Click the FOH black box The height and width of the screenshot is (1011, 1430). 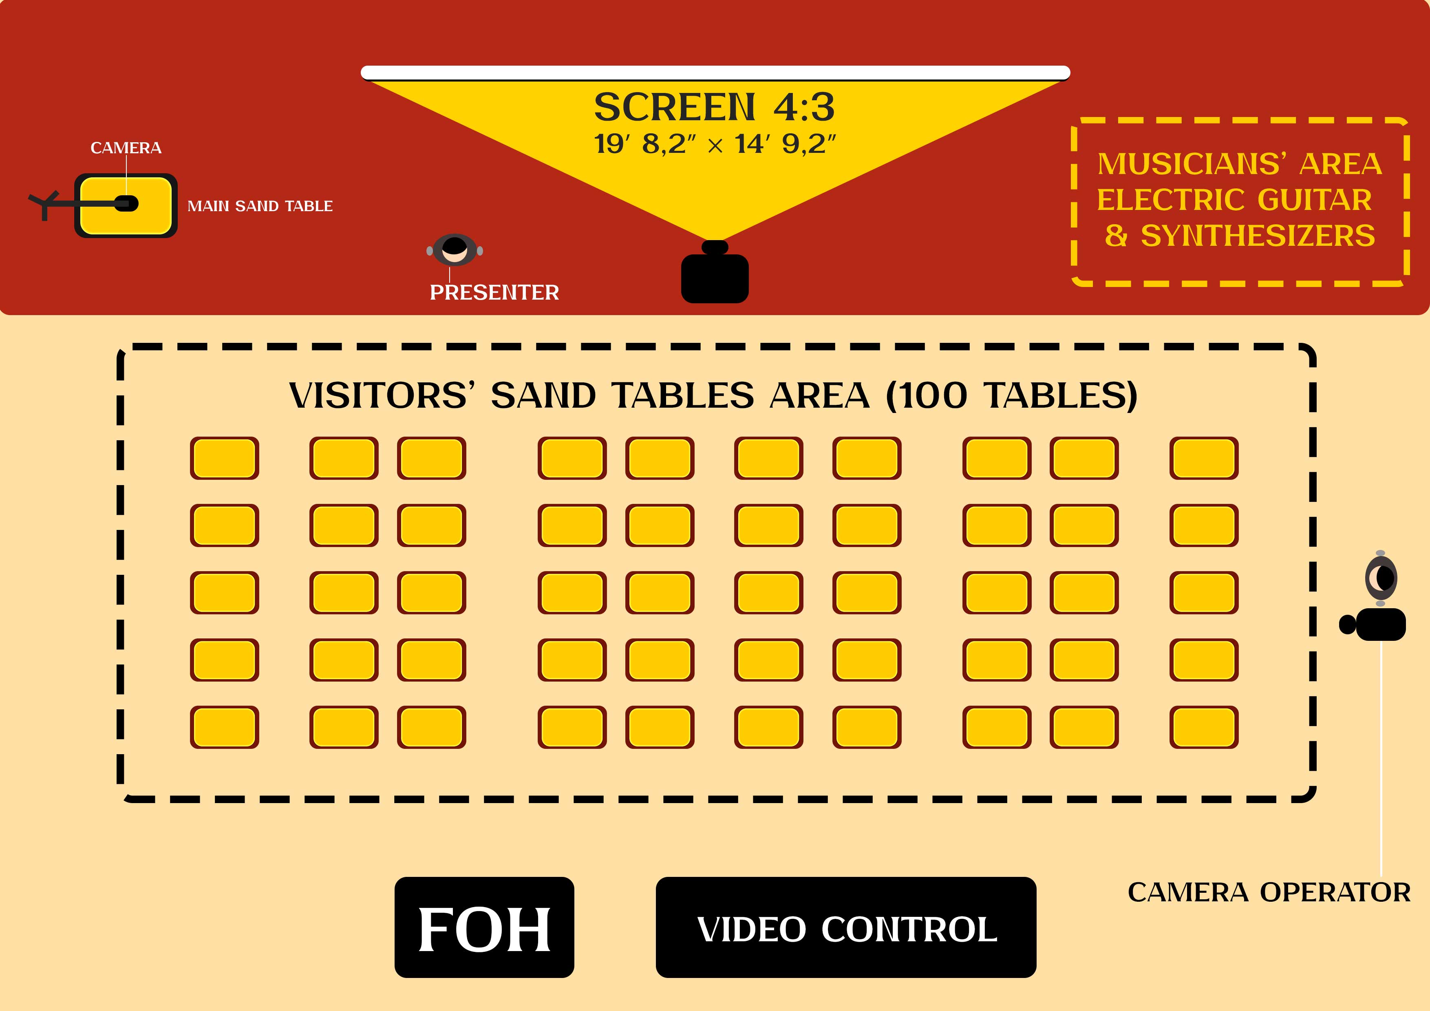484,927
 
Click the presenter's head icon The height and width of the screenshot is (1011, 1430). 455,250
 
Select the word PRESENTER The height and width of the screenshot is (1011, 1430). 494,292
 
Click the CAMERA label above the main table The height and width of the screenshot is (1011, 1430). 126,148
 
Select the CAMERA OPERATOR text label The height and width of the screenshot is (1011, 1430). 1269,892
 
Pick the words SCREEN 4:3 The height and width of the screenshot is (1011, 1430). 714,107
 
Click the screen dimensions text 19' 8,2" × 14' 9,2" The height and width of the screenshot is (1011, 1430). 714,144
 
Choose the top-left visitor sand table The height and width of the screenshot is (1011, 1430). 224,458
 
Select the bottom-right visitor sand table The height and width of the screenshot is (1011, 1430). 1203,727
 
